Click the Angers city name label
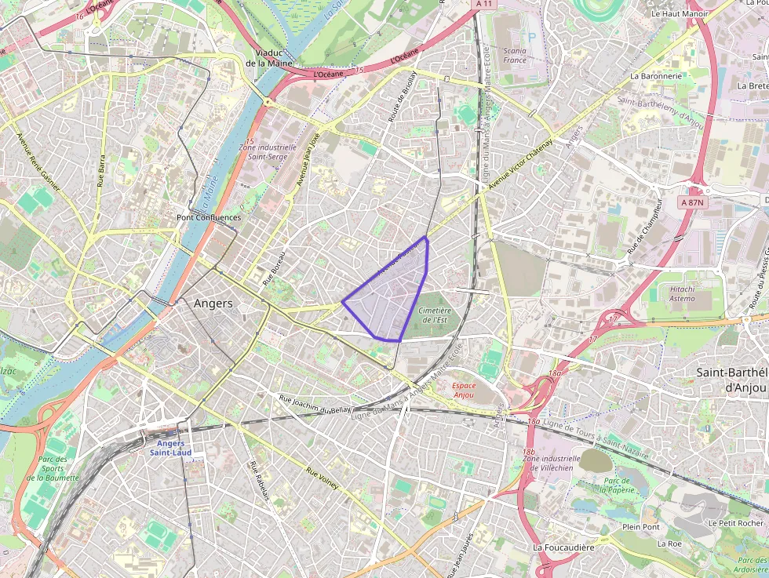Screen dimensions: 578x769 (x=213, y=304)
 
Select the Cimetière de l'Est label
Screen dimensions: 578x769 (x=436, y=315)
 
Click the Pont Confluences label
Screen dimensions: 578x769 (x=208, y=217)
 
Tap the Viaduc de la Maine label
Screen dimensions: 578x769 (x=268, y=58)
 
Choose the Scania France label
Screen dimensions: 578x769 (x=515, y=55)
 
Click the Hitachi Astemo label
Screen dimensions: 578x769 (x=682, y=293)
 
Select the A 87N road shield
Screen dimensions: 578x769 (x=694, y=202)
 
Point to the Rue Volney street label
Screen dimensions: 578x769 (x=323, y=478)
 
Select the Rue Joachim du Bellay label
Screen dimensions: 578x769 (x=316, y=404)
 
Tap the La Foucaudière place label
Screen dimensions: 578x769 (x=563, y=547)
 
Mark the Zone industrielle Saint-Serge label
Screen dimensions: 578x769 (x=272, y=151)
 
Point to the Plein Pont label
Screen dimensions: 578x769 (x=641, y=527)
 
